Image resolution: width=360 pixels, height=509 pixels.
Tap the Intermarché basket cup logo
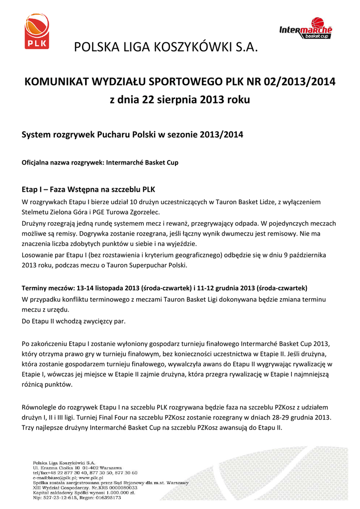[x=305, y=28]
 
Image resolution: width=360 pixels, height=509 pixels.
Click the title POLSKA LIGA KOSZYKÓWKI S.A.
[x=167, y=48]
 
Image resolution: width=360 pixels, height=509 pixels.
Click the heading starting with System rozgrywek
[x=133, y=135]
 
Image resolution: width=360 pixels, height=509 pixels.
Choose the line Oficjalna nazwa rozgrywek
[x=100, y=163]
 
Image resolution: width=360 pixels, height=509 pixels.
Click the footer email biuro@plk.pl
[x=62, y=478]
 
